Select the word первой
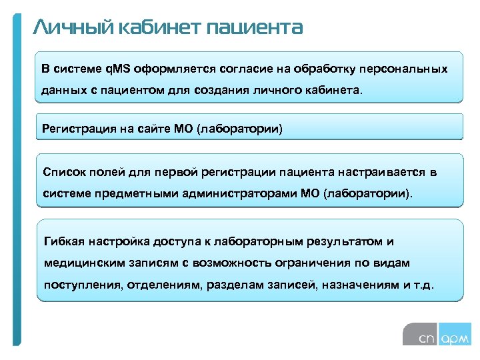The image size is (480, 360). pos(173,173)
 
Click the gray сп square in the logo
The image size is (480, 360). pos(420,333)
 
